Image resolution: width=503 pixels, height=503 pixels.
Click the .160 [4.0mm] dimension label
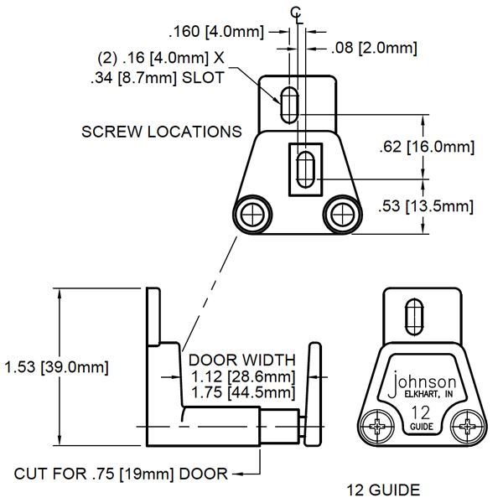[216, 32]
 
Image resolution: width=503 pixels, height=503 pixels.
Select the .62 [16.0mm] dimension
[426, 147]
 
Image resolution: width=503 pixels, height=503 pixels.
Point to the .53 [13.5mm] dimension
[426, 205]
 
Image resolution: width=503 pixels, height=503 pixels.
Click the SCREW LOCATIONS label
[162, 132]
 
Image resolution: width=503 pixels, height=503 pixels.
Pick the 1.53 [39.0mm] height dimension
[55, 366]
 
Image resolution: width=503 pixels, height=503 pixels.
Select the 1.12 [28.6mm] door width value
[243, 376]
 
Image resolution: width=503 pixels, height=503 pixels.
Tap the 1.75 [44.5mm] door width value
[243, 392]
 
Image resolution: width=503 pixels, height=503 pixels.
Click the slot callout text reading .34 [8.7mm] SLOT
[157, 78]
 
